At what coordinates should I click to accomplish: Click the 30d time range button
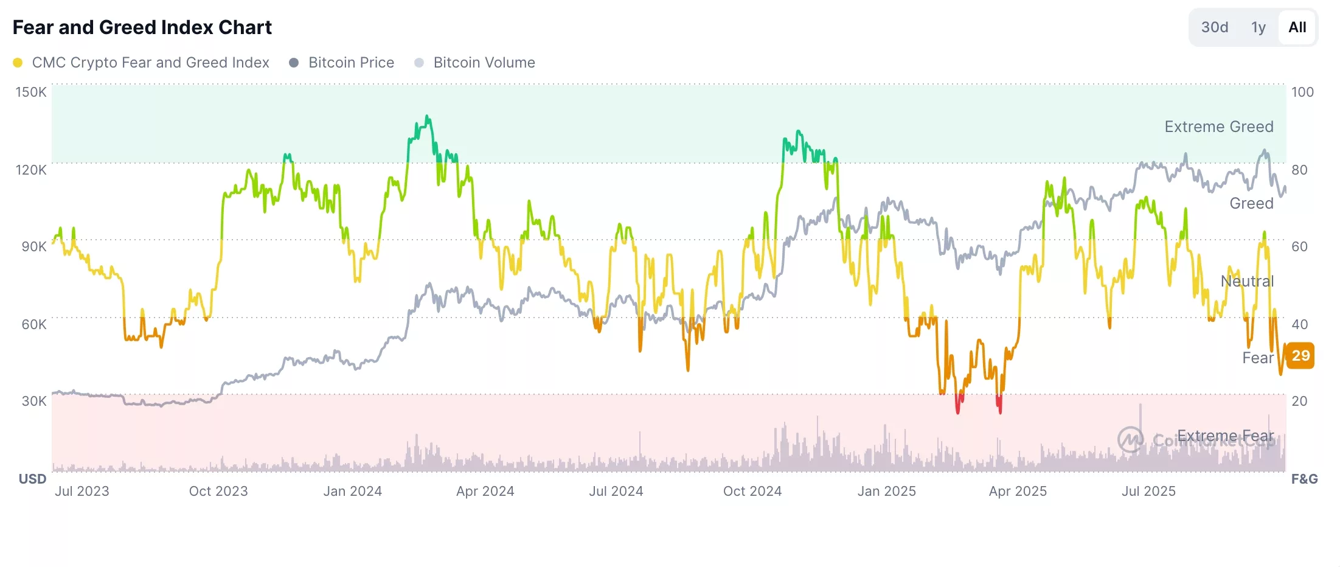click(x=1214, y=27)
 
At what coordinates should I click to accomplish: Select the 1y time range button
click(x=1258, y=27)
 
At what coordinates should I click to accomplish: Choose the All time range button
click(x=1297, y=27)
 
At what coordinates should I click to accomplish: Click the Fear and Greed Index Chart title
click(x=142, y=27)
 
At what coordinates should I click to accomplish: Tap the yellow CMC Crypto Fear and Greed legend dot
click(x=18, y=63)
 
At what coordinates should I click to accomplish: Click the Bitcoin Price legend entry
click(x=350, y=63)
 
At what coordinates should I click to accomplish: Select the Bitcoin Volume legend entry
click(x=484, y=63)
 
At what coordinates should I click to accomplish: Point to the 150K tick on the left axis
click(x=31, y=92)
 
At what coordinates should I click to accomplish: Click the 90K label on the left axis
click(x=33, y=246)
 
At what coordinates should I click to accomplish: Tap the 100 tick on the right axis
click(x=1302, y=92)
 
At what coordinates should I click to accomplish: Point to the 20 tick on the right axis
click(x=1299, y=401)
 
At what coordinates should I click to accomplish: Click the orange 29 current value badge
click(x=1300, y=356)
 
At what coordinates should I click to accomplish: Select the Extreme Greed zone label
click(x=1218, y=127)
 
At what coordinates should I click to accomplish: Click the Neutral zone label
click(x=1246, y=281)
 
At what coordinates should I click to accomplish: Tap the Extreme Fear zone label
click(x=1224, y=436)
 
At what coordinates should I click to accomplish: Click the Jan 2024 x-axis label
click(x=352, y=491)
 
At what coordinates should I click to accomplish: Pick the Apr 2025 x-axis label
click(x=1017, y=491)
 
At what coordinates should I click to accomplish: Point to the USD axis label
click(x=32, y=479)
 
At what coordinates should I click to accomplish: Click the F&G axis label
click(x=1304, y=479)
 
